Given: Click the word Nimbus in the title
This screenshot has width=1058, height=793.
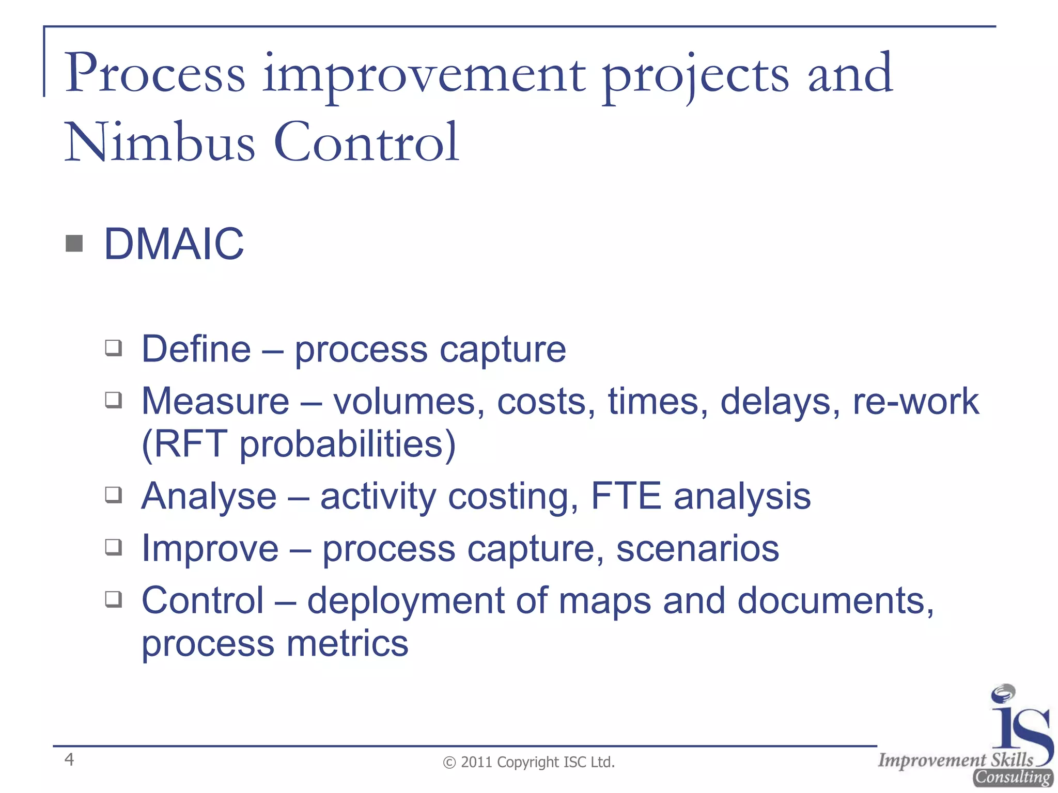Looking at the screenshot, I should point(160,142).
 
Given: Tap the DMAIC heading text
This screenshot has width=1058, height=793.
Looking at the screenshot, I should point(174,244).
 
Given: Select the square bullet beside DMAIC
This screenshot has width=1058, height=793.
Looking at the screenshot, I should point(74,243).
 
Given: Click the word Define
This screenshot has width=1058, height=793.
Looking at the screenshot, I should point(196,349).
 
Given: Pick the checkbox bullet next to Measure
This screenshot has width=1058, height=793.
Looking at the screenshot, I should point(114,400).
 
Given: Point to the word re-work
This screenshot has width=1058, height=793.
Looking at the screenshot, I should point(915,401).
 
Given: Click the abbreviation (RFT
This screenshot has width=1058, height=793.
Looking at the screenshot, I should point(184,443).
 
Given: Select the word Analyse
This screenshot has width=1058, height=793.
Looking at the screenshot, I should point(209,496).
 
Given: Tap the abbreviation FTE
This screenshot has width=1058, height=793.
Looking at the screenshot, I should point(626,496).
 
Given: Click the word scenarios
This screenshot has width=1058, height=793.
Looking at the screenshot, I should point(697,548).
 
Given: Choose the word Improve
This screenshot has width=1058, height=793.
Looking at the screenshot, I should point(210,548).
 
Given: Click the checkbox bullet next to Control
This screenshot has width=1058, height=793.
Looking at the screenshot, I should point(114,599).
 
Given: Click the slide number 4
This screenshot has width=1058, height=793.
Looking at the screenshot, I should point(69,759).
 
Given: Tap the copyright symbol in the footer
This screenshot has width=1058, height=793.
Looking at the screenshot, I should point(449,763).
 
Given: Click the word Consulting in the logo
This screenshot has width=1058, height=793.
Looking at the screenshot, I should point(1013,777).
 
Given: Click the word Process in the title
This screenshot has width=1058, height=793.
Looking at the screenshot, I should point(154,73).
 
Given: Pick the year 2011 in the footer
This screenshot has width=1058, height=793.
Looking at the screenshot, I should point(477,762).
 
